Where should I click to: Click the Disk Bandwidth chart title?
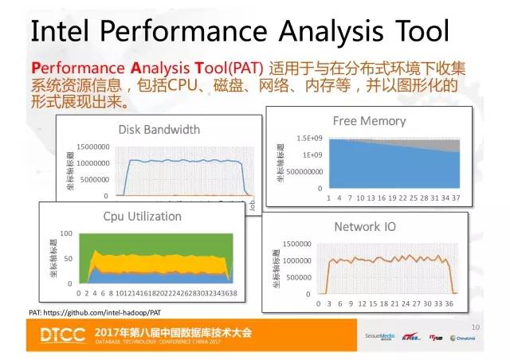point(159,129)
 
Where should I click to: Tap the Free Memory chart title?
point(369,121)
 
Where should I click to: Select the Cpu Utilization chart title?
point(142,216)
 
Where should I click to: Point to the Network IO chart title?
point(365,227)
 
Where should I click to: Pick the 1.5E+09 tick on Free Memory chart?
point(311,138)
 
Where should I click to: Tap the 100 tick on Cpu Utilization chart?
point(66,233)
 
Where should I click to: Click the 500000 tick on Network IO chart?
point(300,276)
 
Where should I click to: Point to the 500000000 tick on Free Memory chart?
point(306,171)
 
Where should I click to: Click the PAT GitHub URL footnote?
point(96,313)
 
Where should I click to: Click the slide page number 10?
point(477,327)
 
